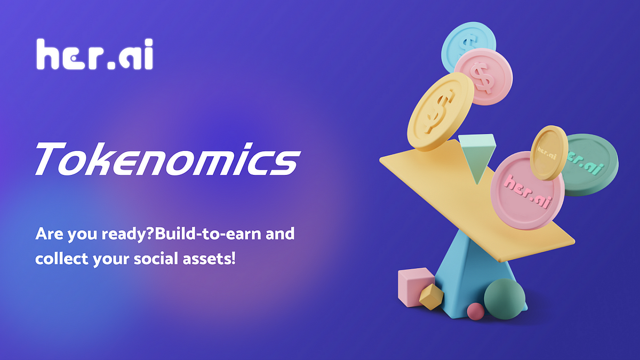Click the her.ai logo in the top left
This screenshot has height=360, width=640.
click(x=94, y=54)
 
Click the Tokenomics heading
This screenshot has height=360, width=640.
click(x=165, y=158)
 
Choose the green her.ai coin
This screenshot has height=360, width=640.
click(x=591, y=163)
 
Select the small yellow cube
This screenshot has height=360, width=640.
click(x=431, y=297)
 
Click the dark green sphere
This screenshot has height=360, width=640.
click(x=505, y=299)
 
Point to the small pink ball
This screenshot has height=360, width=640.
click(x=475, y=311)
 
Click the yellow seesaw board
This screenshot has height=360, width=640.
click(x=427, y=181)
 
